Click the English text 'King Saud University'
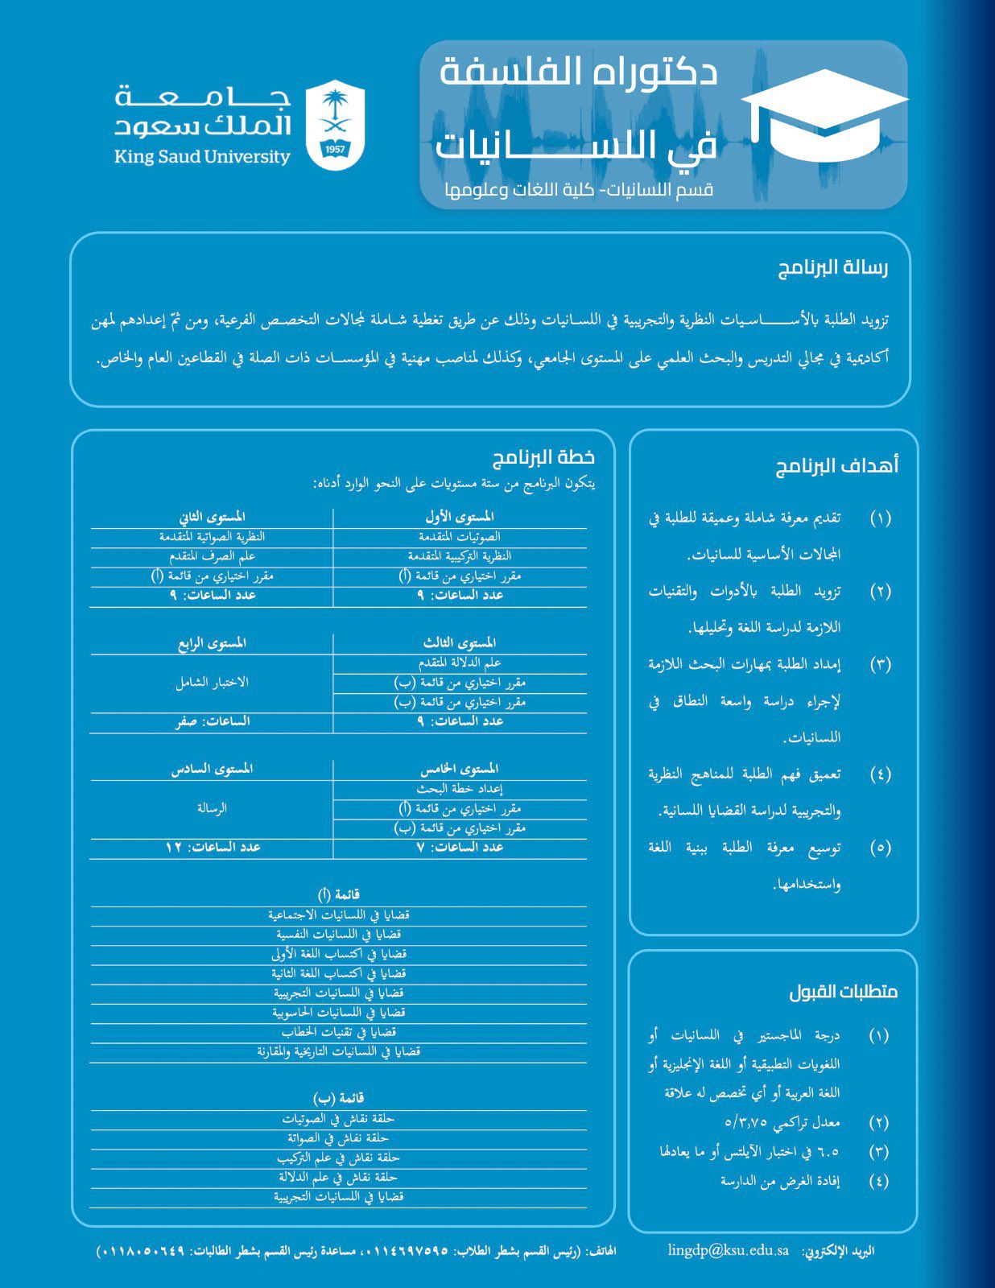point(202,156)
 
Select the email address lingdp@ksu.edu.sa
point(728,1250)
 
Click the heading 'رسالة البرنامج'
point(832,269)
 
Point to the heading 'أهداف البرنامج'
point(836,467)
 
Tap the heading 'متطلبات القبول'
point(843,992)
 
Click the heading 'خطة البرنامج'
point(543,457)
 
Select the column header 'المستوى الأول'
point(459,516)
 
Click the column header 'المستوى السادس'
point(212,769)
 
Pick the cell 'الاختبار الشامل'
point(212,682)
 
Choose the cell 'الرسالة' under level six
point(212,807)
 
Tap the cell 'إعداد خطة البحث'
point(459,789)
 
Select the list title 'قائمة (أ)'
point(338,894)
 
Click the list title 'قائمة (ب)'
point(338,1098)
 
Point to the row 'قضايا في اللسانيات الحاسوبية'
point(338,1013)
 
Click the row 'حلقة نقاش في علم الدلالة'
point(338,1177)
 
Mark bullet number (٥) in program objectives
point(881,848)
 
